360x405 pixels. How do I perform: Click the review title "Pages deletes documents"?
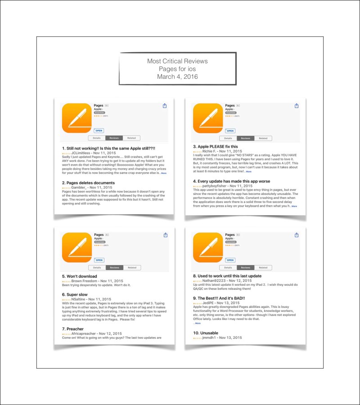[x=88, y=183]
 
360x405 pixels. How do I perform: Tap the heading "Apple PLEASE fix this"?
[x=216, y=147]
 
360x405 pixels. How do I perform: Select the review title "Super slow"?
[x=75, y=294]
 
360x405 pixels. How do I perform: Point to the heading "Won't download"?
[x=79, y=276]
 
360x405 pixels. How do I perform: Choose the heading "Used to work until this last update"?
[x=227, y=276]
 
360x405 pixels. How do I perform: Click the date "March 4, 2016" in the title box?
[x=177, y=77]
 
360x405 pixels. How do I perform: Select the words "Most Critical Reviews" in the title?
[x=177, y=61]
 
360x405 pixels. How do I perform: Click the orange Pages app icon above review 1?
[x=76, y=118]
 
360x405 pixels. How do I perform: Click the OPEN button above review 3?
[x=230, y=130]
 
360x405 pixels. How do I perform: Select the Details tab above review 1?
[x=97, y=138]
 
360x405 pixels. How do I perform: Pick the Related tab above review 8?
[x=263, y=268]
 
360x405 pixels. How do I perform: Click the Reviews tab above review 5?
[x=114, y=268]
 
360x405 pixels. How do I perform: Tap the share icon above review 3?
[x=297, y=106]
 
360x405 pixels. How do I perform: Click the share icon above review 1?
[x=165, y=106]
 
